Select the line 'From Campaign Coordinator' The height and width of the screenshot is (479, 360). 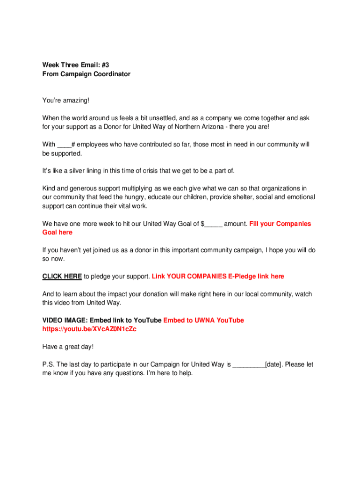pyautogui.click(x=86, y=74)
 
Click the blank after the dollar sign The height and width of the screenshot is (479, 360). pyautogui.click(x=213, y=224)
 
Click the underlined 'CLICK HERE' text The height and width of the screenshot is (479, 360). pyautogui.click(x=62, y=276)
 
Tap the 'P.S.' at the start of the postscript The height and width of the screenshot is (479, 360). pyautogui.click(x=48, y=364)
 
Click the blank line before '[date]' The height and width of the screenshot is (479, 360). pyautogui.click(x=249, y=365)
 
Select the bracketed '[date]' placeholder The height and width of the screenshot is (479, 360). pyautogui.click(x=274, y=364)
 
